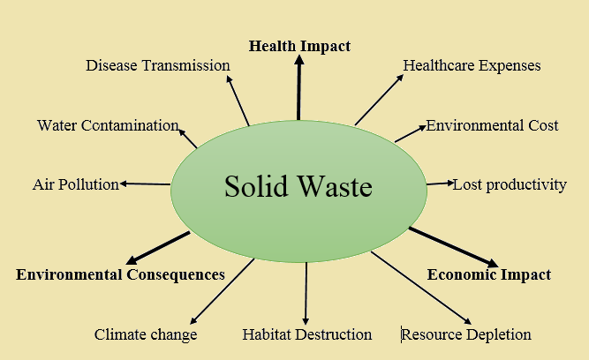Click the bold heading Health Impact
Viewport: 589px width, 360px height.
[299, 47]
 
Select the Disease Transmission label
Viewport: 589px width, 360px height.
[158, 65]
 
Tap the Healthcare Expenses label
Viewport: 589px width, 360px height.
[472, 65]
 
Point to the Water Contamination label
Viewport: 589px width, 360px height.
[108, 125]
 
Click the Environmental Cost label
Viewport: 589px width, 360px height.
[492, 125]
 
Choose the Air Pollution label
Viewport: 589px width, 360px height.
[76, 184]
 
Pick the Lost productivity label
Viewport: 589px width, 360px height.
[510, 185]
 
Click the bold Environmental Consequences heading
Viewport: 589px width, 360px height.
[120, 274]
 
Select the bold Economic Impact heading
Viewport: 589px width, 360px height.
[489, 274]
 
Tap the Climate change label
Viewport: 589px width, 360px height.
[146, 334]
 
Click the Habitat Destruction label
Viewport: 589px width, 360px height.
[307, 334]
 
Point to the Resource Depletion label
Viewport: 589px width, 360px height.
[466, 334]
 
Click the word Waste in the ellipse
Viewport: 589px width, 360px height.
[335, 186]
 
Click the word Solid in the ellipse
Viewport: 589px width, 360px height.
[256, 186]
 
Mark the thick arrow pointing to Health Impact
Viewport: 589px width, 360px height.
[299, 87]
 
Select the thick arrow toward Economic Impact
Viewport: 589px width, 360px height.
[453, 247]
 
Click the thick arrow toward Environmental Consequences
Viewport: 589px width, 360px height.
[158, 248]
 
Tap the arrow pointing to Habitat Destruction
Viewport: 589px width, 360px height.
[306, 294]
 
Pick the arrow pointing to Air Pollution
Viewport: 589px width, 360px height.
[145, 184]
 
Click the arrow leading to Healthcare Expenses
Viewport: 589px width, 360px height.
[379, 100]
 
